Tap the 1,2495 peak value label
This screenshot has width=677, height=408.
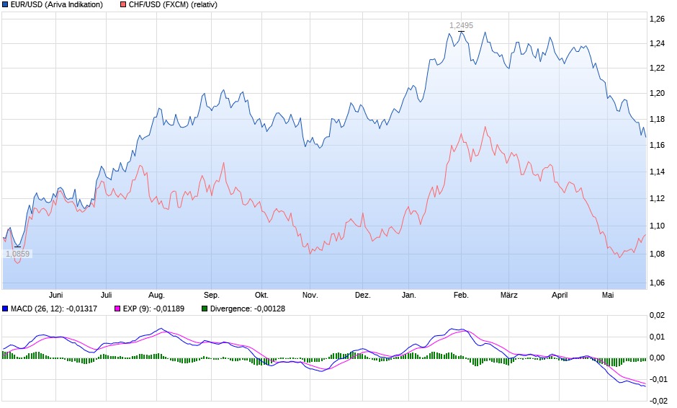[461, 25]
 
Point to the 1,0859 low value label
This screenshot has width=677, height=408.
[17, 254]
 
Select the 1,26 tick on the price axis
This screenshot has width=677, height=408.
[656, 19]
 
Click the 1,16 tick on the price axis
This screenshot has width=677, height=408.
[656, 146]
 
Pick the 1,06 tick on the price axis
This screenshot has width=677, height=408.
[656, 282]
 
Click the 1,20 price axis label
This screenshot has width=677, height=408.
[656, 93]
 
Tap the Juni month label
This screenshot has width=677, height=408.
[56, 295]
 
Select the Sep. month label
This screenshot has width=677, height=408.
[211, 295]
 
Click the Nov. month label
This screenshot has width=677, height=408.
[310, 295]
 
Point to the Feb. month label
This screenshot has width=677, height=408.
[461, 295]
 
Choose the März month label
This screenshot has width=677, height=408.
[509, 295]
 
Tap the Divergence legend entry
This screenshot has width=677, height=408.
[243, 309]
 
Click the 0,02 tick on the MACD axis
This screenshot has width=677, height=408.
[658, 316]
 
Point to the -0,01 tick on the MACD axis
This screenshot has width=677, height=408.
[656, 379]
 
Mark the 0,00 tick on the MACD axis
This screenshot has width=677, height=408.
[658, 358]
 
